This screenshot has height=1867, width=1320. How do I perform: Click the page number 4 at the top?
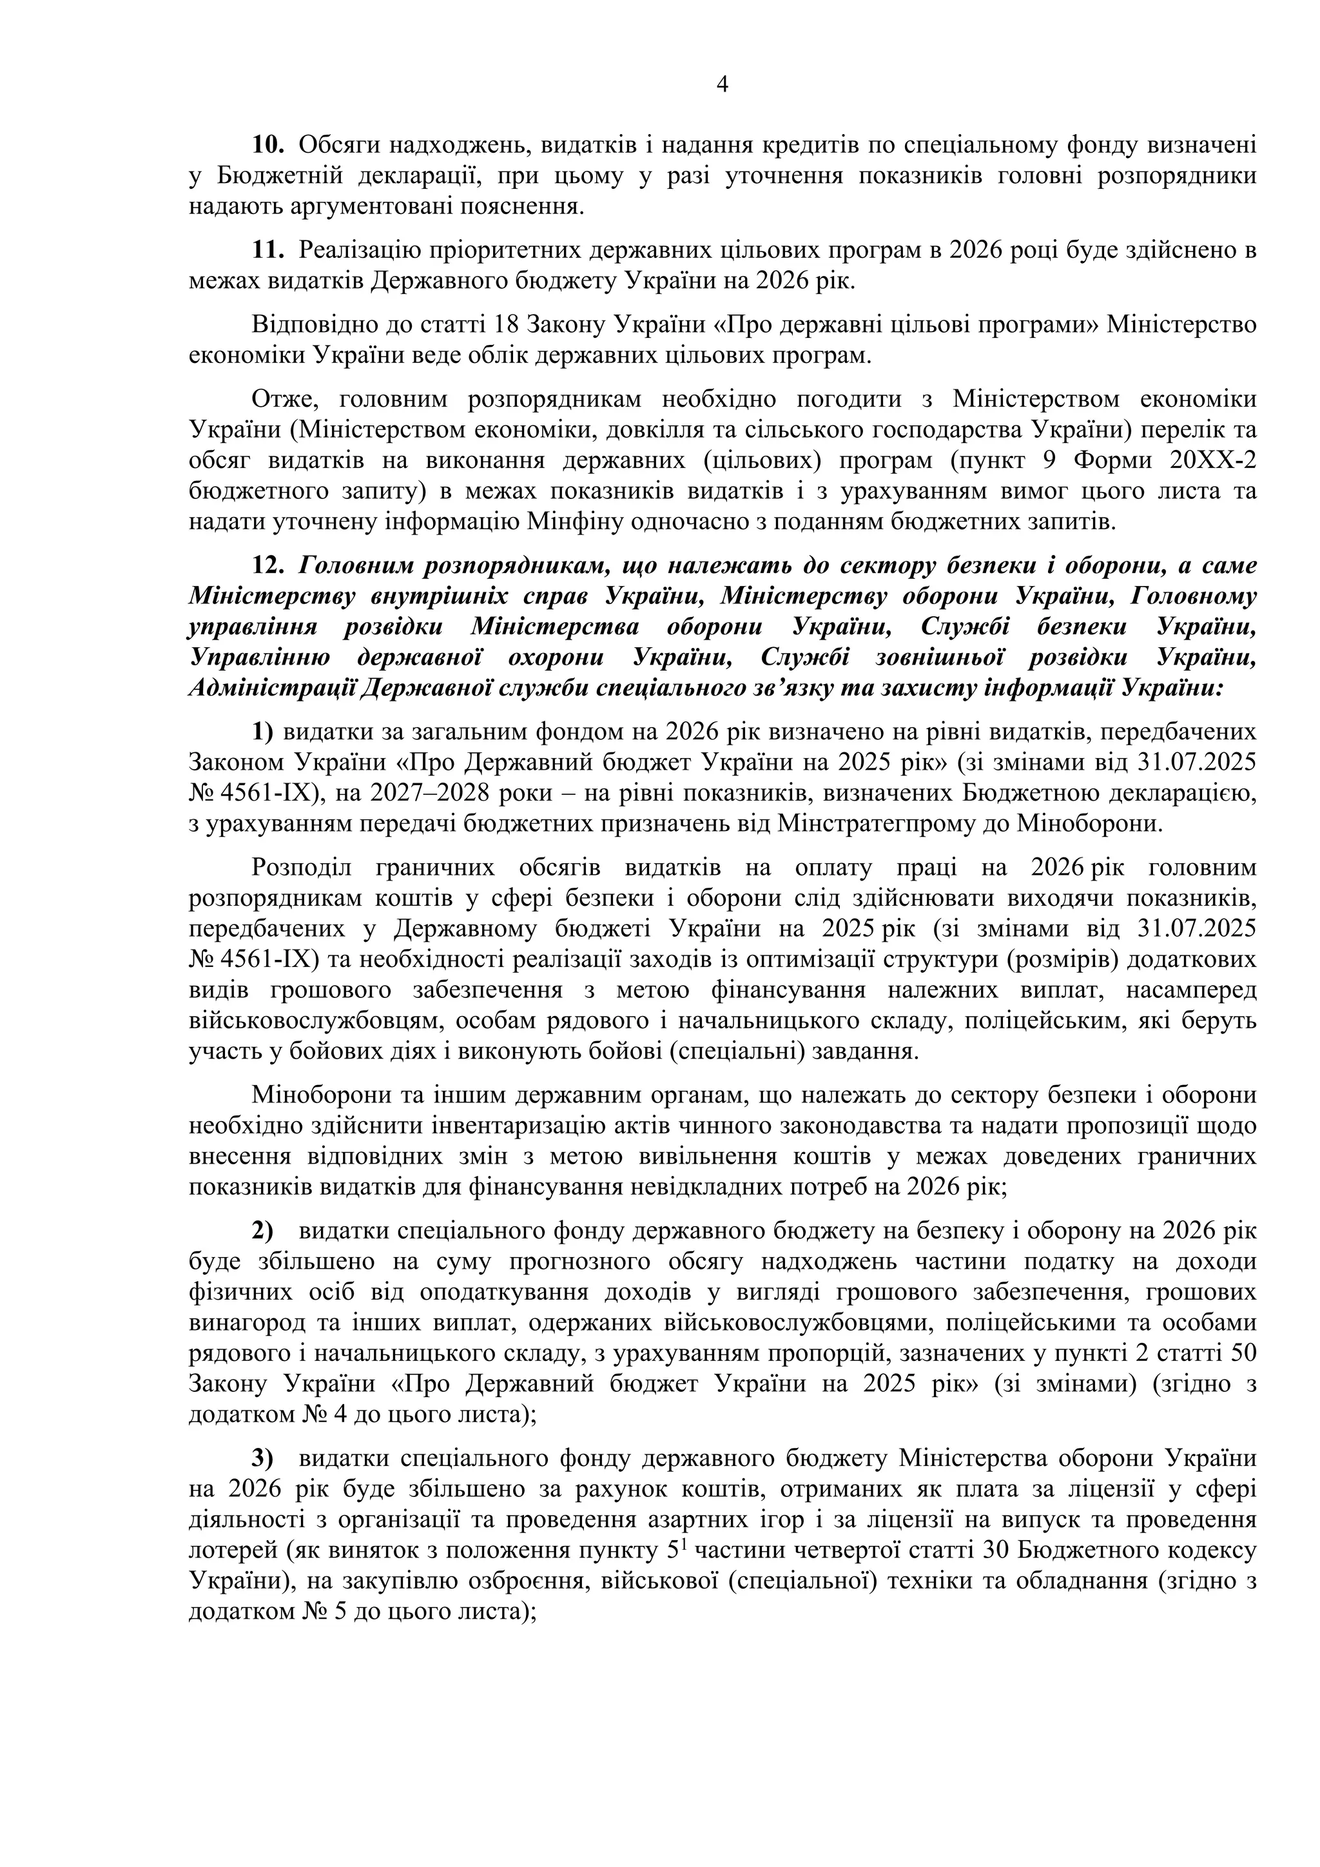(723, 84)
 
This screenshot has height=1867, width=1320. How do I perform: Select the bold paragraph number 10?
(267, 146)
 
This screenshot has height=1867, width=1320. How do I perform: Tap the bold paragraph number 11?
(267, 249)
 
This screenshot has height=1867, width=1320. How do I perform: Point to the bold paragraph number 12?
(267, 565)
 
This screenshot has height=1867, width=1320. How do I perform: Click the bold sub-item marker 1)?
(262, 732)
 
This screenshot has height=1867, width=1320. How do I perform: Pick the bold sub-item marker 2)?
(262, 1231)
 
